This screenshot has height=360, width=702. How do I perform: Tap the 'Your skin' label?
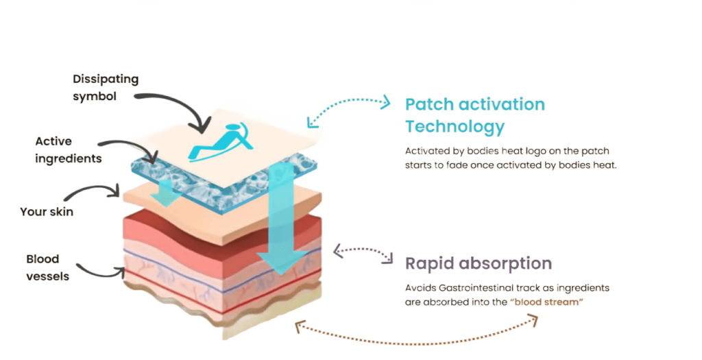(x=47, y=212)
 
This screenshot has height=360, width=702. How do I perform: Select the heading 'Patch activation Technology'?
(x=474, y=115)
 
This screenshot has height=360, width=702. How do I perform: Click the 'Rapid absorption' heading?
(x=478, y=264)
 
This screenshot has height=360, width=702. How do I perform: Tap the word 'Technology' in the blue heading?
(x=455, y=127)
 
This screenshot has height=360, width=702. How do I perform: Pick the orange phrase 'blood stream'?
(x=548, y=302)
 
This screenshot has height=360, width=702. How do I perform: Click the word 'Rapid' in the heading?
(x=428, y=264)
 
